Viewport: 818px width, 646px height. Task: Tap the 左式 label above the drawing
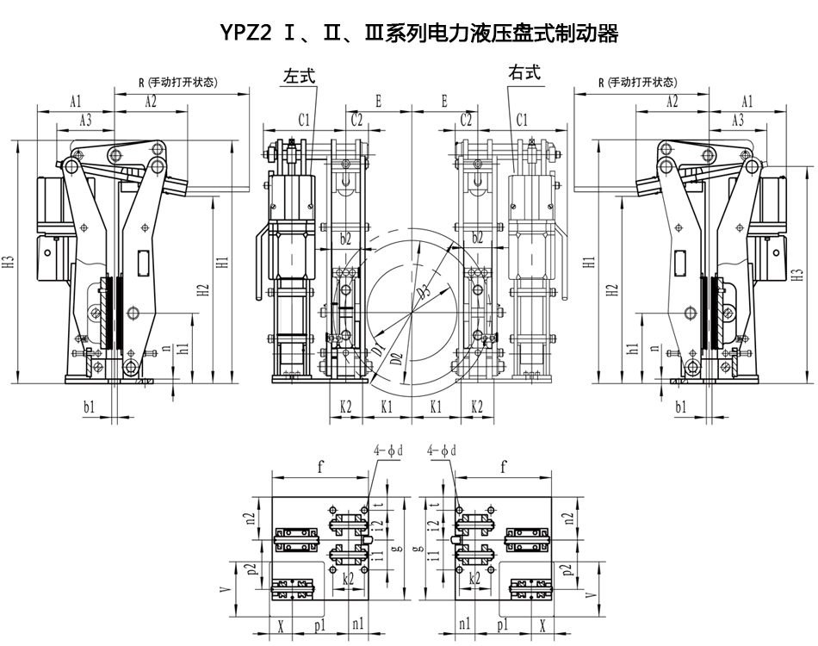(299, 76)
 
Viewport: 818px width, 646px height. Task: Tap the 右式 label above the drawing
(524, 72)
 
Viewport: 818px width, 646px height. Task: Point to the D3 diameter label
(424, 290)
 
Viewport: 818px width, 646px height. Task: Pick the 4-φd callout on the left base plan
(388, 450)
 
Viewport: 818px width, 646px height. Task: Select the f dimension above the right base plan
(503, 468)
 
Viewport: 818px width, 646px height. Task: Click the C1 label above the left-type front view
(304, 119)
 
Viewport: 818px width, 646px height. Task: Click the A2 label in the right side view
(672, 102)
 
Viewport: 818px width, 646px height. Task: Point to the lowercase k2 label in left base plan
(348, 579)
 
